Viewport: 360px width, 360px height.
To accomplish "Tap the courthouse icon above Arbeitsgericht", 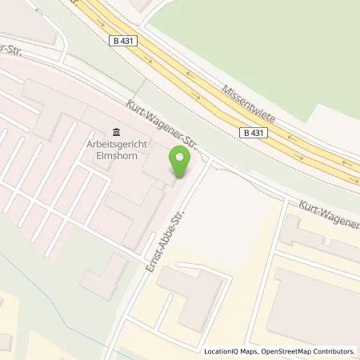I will [117, 132].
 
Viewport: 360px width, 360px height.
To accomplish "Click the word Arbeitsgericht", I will [118, 144].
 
